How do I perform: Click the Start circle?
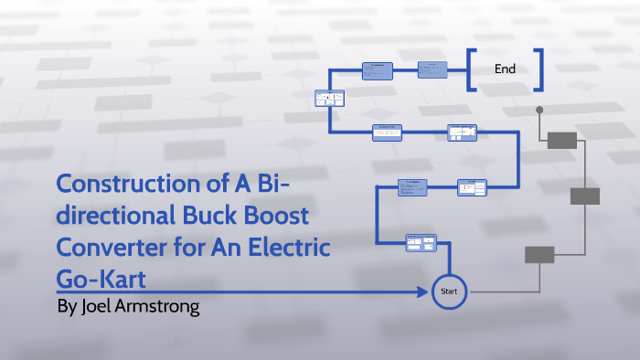point(449,291)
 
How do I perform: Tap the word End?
point(505,69)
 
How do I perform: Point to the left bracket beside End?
point(470,69)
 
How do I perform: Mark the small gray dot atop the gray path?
point(539,110)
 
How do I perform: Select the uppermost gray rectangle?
point(561,140)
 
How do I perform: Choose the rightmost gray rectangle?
point(584,196)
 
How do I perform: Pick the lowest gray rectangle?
point(539,254)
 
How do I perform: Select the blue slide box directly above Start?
point(421,242)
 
